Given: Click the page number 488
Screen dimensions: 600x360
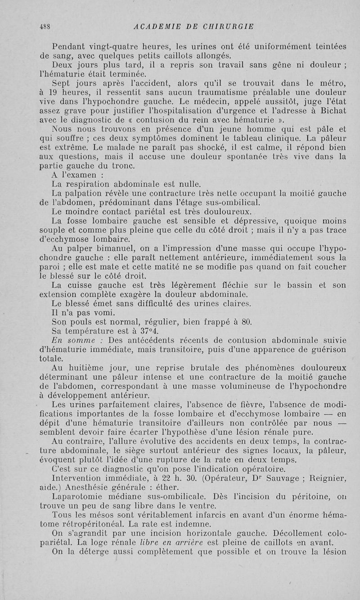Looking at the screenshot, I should [44, 26].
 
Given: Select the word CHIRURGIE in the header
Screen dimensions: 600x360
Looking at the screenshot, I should [230, 26].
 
